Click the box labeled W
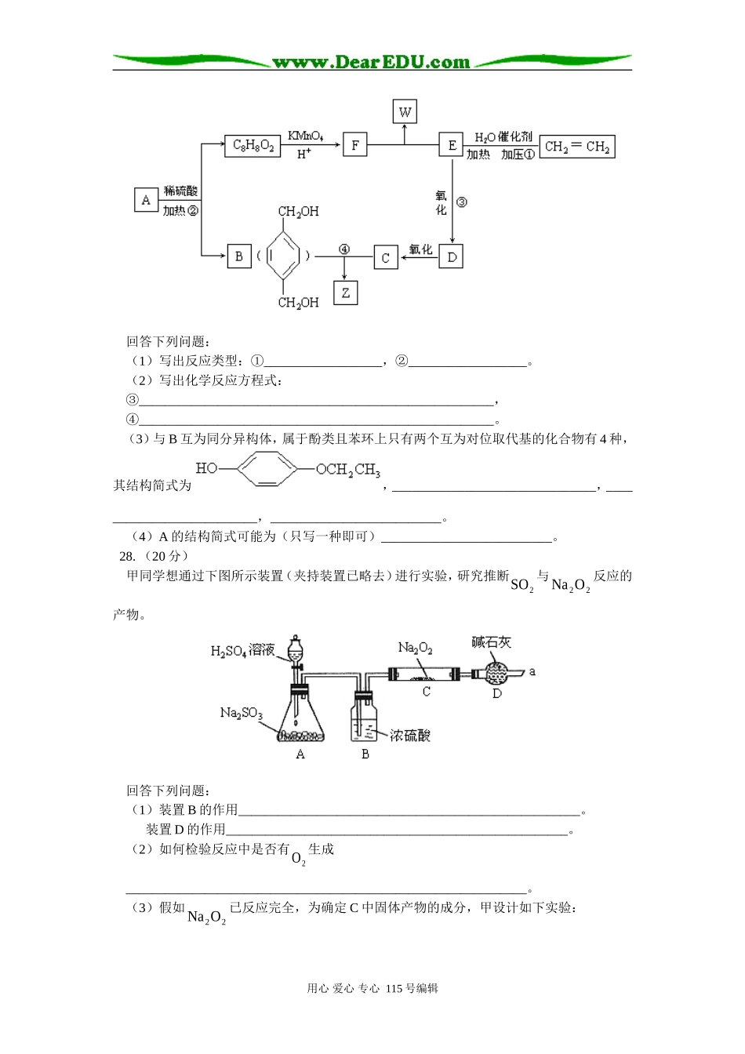click(405, 111)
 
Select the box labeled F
click(355, 145)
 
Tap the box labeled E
click(452, 145)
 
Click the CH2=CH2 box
click(577, 147)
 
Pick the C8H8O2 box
click(253, 145)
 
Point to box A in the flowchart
click(146, 200)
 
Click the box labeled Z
click(345, 293)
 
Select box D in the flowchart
click(451, 256)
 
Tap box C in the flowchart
click(385, 257)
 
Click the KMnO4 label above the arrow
click(305, 136)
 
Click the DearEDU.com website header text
click(371, 62)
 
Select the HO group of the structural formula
click(206, 468)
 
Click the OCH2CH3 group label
click(348, 470)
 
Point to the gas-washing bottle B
click(365, 720)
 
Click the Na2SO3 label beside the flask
click(241, 713)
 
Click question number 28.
click(125, 555)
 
